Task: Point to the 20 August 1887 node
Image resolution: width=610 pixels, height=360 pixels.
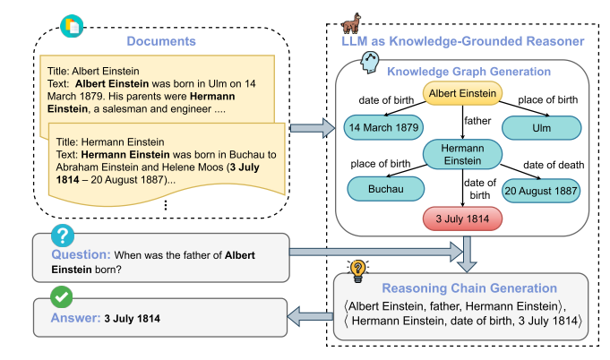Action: [x=541, y=191]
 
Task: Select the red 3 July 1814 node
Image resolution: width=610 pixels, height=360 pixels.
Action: [x=462, y=218]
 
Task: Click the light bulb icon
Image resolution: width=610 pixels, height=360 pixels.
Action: [x=358, y=269]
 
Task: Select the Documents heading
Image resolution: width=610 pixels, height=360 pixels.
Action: [x=162, y=39]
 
